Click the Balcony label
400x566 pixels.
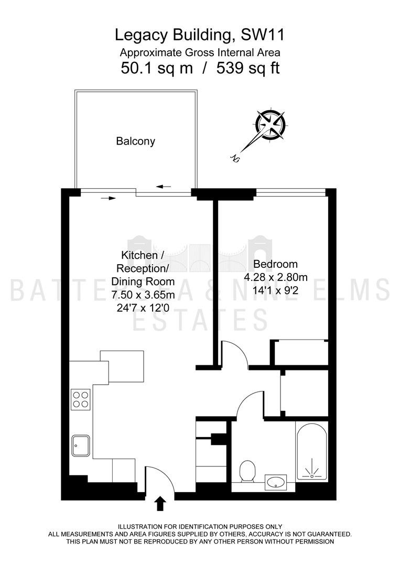pyautogui.click(x=135, y=141)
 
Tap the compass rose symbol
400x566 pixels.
pyautogui.click(x=271, y=124)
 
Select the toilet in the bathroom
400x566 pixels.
pyautogui.click(x=247, y=471)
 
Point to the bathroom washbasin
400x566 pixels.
pyautogui.click(x=276, y=482)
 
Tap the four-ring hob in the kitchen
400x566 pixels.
pyautogui.click(x=81, y=399)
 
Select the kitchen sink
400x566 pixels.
pyautogui.click(x=81, y=445)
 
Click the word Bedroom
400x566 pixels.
pyautogui.click(x=275, y=264)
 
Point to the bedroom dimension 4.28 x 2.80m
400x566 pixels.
pyautogui.click(x=276, y=277)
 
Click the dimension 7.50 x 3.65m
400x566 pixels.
pyautogui.click(x=143, y=295)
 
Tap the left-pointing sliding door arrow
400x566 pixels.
pyautogui.click(x=164, y=187)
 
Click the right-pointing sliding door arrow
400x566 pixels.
pyautogui.click(x=109, y=198)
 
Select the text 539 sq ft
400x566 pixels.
pyautogui.click(x=248, y=68)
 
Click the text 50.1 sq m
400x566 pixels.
pyautogui.click(x=157, y=68)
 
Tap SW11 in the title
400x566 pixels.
pyautogui.click(x=263, y=36)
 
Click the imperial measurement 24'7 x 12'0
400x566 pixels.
pyautogui.click(x=143, y=308)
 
